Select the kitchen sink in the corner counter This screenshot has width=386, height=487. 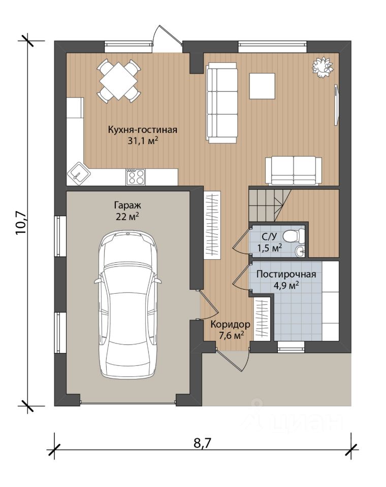[x=78, y=172]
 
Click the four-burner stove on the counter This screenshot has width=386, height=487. [x=136, y=177]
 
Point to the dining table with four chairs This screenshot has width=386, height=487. [x=118, y=81]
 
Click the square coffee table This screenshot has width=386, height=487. [x=262, y=86]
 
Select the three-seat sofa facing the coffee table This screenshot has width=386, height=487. [x=222, y=103]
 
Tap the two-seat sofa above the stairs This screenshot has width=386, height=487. [x=294, y=171]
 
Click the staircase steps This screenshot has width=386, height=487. [x=269, y=205]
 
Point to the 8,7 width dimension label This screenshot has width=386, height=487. [x=203, y=443]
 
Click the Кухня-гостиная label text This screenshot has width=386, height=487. [x=142, y=129]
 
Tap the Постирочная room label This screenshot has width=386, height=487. [x=286, y=274]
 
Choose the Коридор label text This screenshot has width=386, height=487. [x=230, y=325]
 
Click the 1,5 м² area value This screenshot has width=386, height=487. [x=269, y=248]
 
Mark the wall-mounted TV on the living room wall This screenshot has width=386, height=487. [x=336, y=103]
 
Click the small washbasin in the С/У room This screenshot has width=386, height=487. [x=300, y=251]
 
